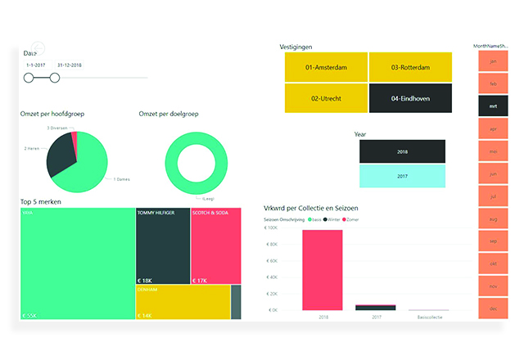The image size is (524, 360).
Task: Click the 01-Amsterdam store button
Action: pos(326,67)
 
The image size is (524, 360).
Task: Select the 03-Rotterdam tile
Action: pos(410,67)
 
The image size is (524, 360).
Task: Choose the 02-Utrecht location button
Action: pos(326,98)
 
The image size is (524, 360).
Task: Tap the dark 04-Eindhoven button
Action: pos(410,98)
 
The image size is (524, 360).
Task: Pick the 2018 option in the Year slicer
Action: pos(402,151)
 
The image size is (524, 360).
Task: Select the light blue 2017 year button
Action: pos(402,176)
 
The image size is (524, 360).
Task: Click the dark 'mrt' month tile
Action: pos(493,105)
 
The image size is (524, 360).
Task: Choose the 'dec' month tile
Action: pos(493,308)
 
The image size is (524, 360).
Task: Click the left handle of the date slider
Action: pos(29,78)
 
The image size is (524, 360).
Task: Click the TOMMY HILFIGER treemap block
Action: pos(162,245)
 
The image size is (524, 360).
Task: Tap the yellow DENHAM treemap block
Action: pos(182,301)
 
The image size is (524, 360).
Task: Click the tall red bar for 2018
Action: pos(322,270)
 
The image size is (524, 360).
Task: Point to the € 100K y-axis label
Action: pos(270,228)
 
